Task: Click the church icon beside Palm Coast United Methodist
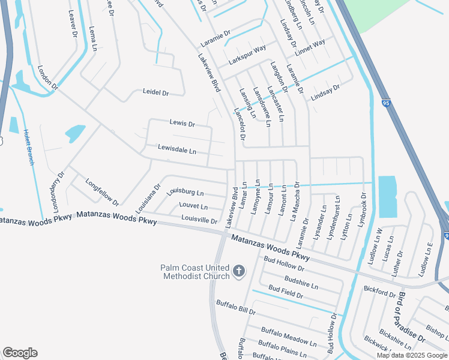point(239,272)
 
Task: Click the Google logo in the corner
point(20,353)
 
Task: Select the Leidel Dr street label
point(155,93)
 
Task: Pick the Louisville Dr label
point(199,220)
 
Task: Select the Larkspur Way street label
point(247,56)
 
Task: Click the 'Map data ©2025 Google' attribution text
point(412,355)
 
